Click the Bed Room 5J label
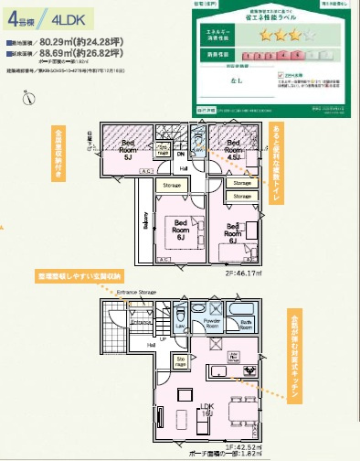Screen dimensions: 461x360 pyautogui.click(x=129, y=149)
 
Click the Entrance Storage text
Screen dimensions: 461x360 pyautogui.click(x=136, y=292)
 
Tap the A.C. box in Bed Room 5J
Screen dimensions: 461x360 pyautogui.click(x=108, y=168)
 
